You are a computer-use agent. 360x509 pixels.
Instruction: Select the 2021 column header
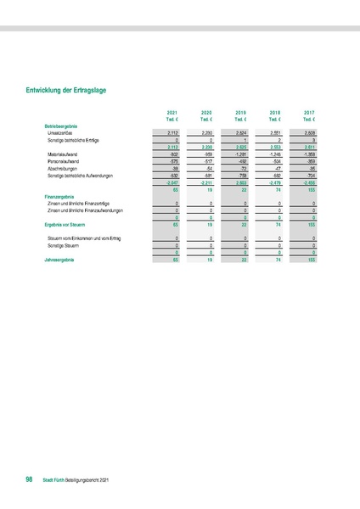(172, 112)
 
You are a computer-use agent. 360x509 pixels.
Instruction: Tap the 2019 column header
(241, 112)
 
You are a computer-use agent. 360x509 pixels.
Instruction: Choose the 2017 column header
(309, 112)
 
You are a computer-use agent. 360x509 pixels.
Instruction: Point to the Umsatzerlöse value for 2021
(172, 133)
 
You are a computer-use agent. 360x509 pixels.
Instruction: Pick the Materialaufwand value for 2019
(239, 154)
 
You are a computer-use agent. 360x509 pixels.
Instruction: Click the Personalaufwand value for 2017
(310, 161)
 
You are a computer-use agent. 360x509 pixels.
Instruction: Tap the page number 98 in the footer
(30, 480)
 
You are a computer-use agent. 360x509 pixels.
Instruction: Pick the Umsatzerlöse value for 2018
(275, 133)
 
